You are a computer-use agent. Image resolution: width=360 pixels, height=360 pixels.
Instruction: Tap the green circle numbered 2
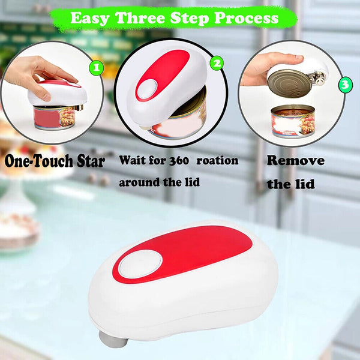tap(217, 62)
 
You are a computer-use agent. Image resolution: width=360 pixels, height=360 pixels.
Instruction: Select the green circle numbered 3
tap(344, 85)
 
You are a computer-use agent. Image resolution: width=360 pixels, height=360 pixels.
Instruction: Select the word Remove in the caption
tap(295, 161)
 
